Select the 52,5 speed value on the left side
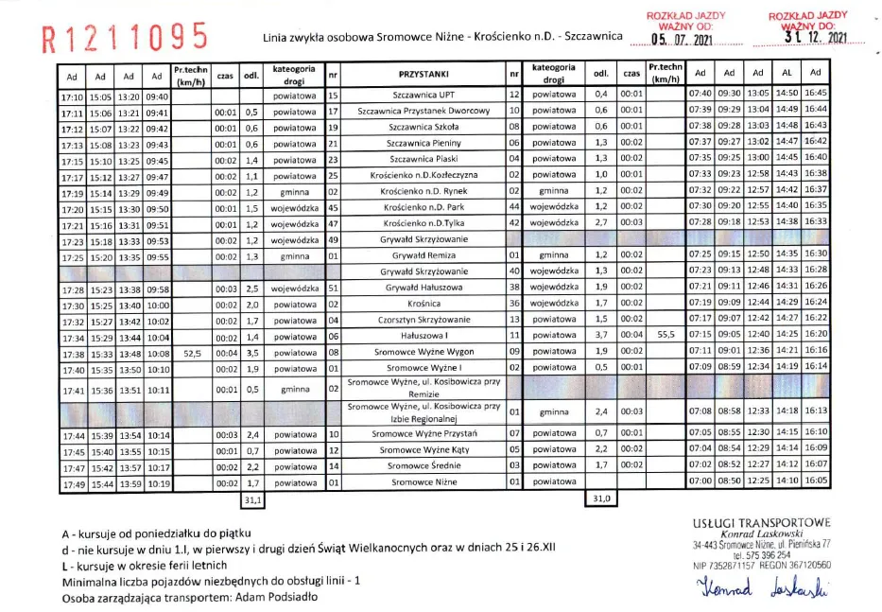coord(193,351)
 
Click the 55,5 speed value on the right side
coord(666,335)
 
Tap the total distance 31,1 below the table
coord(252,498)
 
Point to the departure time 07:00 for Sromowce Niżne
coord(700,482)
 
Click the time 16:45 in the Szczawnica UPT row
coord(816,95)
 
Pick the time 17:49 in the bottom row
coord(73,483)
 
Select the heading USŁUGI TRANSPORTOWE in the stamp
coord(761,523)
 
